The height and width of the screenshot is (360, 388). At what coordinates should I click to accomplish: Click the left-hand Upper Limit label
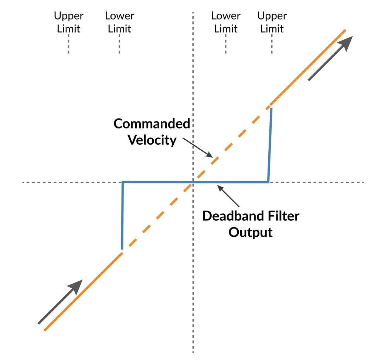click(69, 22)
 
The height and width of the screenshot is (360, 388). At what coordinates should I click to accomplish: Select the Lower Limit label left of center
click(119, 22)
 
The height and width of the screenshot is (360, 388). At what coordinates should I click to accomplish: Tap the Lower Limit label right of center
click(226, 22)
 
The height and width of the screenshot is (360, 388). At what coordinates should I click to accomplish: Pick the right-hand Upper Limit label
click(272, 22)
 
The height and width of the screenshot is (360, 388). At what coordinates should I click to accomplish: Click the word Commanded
click(152, 124)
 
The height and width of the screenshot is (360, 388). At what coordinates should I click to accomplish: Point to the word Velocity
click(152, 140)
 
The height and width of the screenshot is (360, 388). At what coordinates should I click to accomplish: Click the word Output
click(251, 233)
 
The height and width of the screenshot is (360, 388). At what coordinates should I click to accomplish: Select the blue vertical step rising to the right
click(270, 145)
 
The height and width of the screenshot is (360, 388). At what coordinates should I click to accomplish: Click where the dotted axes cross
click(193, 182)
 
